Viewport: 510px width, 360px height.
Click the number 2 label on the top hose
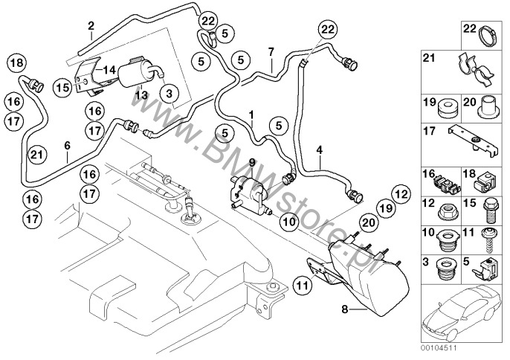(91, 25)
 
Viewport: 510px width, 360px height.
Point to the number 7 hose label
(271, 51)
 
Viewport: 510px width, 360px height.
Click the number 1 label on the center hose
(252, 115)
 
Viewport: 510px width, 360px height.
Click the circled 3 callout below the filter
(170, 93)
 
